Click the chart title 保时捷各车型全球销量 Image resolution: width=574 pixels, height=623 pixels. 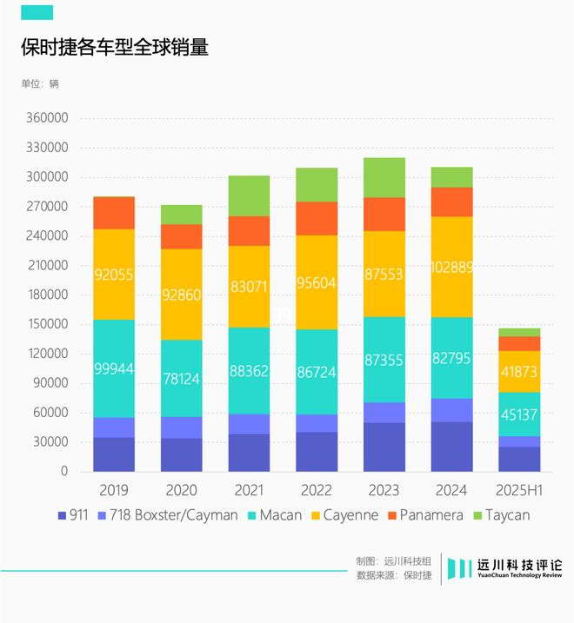(x=115, y=47)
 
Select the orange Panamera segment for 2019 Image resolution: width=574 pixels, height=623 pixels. (x=114, y=213)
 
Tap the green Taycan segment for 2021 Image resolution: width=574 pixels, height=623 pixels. (x=250, y=196)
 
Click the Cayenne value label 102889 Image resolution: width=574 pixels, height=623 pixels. (x=451, y=268)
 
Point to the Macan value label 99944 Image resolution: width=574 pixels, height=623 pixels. (x=114, y=369)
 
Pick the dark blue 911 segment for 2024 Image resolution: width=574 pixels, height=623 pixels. (x=451, y=447)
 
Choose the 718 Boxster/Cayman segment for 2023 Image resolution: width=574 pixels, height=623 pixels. (x=384, y=413)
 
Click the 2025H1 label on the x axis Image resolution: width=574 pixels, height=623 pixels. (x=519, y=490)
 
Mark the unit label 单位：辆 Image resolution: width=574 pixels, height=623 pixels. (x=40, y=84)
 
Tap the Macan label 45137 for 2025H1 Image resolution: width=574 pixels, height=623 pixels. (x=519, y=415)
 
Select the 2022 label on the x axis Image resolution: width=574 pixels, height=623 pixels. (x=317, y=490)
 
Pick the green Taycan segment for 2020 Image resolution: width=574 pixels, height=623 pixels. (x=182, y=215)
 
